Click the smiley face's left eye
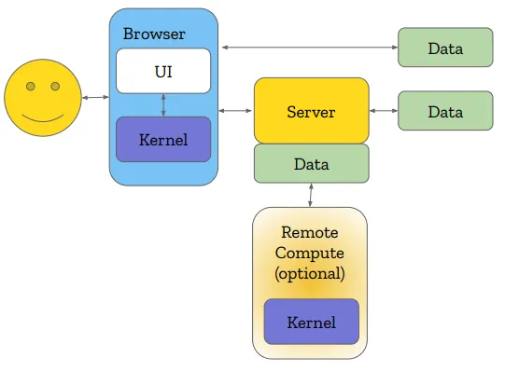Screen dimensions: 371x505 click(31, 87)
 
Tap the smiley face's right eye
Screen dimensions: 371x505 click(55, 87)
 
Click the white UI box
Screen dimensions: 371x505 click(163, 71)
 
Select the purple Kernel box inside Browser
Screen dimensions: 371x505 click(163, 140)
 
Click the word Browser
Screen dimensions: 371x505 click(154, 34)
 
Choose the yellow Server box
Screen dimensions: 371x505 click(311, 112)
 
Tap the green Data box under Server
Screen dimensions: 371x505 click(311, 164)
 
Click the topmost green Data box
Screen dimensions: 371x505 click(445, 48)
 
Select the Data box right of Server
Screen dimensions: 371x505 click(445, 112)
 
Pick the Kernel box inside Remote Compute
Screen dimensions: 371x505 click(311, 323)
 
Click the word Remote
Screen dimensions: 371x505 click(310, 232)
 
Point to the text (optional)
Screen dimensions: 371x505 click(310, 274)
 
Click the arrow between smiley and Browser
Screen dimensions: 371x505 click(94, 97)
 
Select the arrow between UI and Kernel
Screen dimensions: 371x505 click(163, 104)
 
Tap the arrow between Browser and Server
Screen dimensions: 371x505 click(236, 112)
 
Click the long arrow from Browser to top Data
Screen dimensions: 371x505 click(308, 47)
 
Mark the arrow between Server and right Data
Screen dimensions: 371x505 click(383, 112)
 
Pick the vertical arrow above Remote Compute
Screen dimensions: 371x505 click(311, 195)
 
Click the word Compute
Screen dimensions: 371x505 click(310, 253)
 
